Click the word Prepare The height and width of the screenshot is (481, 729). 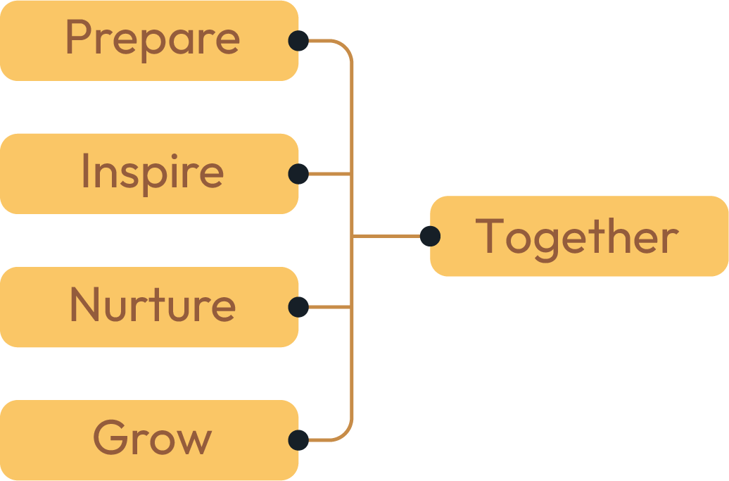click(152, 39)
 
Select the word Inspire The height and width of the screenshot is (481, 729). click(152, 172)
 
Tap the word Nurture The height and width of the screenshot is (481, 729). click(152, 305)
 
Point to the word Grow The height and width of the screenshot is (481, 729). click(152, 438)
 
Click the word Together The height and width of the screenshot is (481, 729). click(577, 237)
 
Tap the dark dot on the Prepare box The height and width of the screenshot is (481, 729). click(298, 41)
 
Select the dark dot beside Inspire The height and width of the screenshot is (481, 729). click(298, 173)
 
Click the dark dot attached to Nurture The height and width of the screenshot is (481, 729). click(298, 307)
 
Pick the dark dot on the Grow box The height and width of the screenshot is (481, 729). click(298, 440)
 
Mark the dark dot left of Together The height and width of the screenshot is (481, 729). click(430, 236)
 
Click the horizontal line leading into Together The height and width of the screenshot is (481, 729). click(387, 236)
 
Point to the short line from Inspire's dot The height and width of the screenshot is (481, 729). click(329, 173)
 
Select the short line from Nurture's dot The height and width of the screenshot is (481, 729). click(329, 307)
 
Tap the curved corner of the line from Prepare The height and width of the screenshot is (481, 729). click(346, 47)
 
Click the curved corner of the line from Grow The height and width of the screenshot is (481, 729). click(346, 434)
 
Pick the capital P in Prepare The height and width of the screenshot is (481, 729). click(77, 38)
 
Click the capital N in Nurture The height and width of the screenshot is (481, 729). click(84, 304)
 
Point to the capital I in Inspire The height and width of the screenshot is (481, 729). click(85, 171)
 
